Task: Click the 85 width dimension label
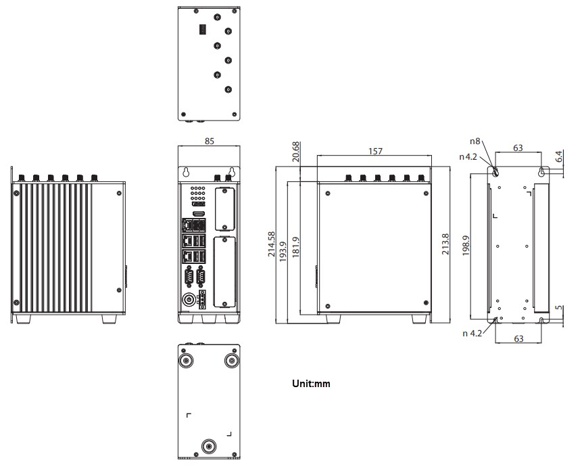point(209,142)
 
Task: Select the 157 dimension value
point(374,151)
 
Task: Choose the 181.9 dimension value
point(295,244)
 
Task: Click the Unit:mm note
point(311,384)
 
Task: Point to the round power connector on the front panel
point(188,298)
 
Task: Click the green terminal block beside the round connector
point(203,298)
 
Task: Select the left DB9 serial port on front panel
point(189,277)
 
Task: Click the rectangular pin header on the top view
point(201,29)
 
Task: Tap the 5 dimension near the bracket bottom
point(558,312)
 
